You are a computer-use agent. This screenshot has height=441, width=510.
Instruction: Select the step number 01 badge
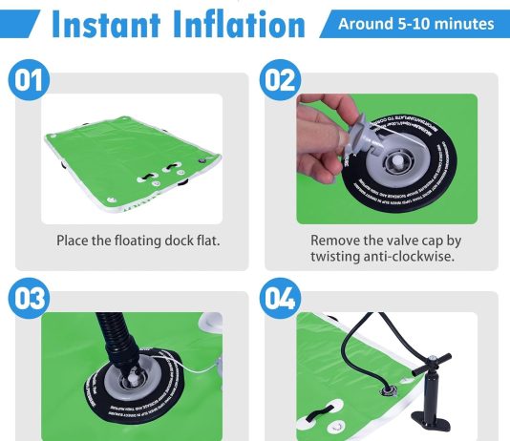pos(31,81)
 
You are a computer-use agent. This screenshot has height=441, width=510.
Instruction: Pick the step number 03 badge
pos(31,299)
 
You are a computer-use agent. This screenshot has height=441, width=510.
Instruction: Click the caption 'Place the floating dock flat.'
pos(138,241)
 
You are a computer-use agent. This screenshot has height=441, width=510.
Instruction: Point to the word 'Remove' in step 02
pos(335,241)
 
